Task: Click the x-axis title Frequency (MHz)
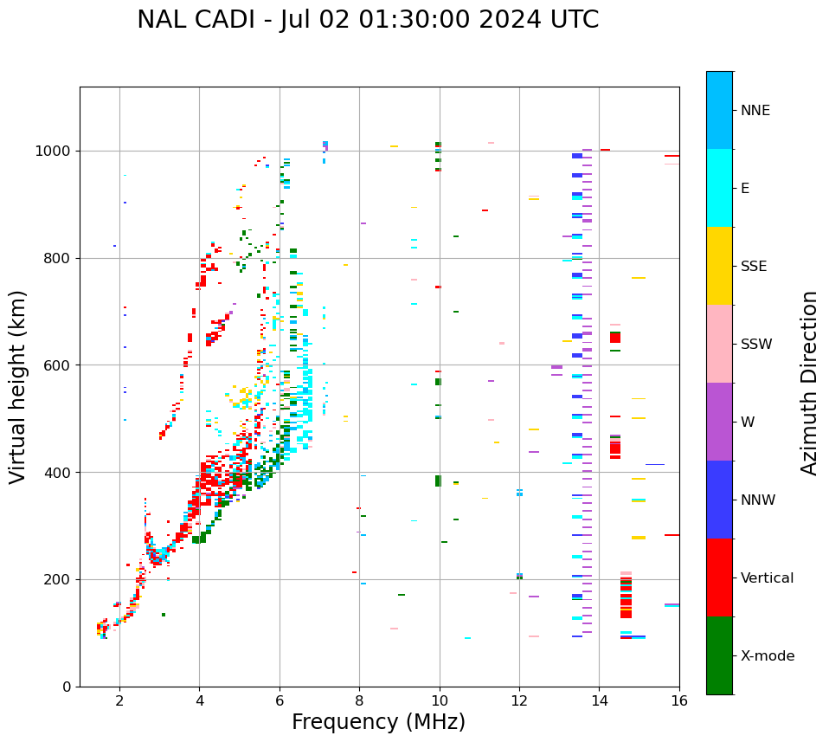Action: point(378,722)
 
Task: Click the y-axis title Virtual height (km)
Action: point(18,386)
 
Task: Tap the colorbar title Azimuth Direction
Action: point(809,383)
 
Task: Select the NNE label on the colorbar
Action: point(755,111)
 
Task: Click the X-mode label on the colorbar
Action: point(768,656)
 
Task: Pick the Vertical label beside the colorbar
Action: point(768,578)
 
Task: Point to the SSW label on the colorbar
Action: point(756,345)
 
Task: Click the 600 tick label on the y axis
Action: point(60,365)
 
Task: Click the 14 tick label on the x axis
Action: point(599,700)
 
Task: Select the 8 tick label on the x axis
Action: point(359,700)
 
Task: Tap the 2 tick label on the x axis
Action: point(119,700)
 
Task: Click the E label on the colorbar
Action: point(745,189)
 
